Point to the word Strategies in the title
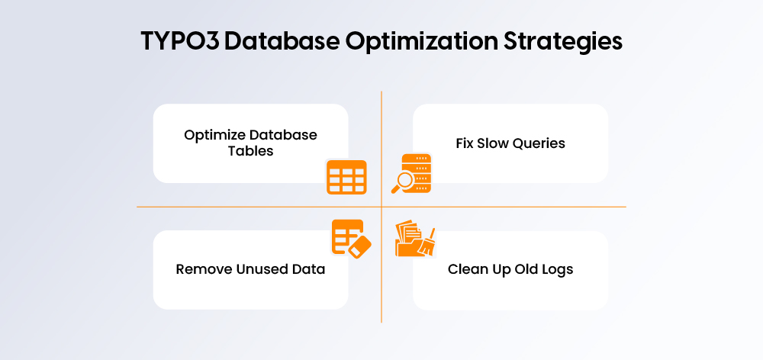click(x=565, y=43)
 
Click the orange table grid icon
click(x=346, y=177)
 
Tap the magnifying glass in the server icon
click(x=401, y=182)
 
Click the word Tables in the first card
click(x=250, y=150)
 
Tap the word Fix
click(x=465, y=143)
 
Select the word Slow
click(x=494, y=143)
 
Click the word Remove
click(x=201, y=269)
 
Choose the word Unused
click(x=259, y=269)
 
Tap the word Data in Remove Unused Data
click(x=310, y=269)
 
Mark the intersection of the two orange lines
click(x=381, y=207)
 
